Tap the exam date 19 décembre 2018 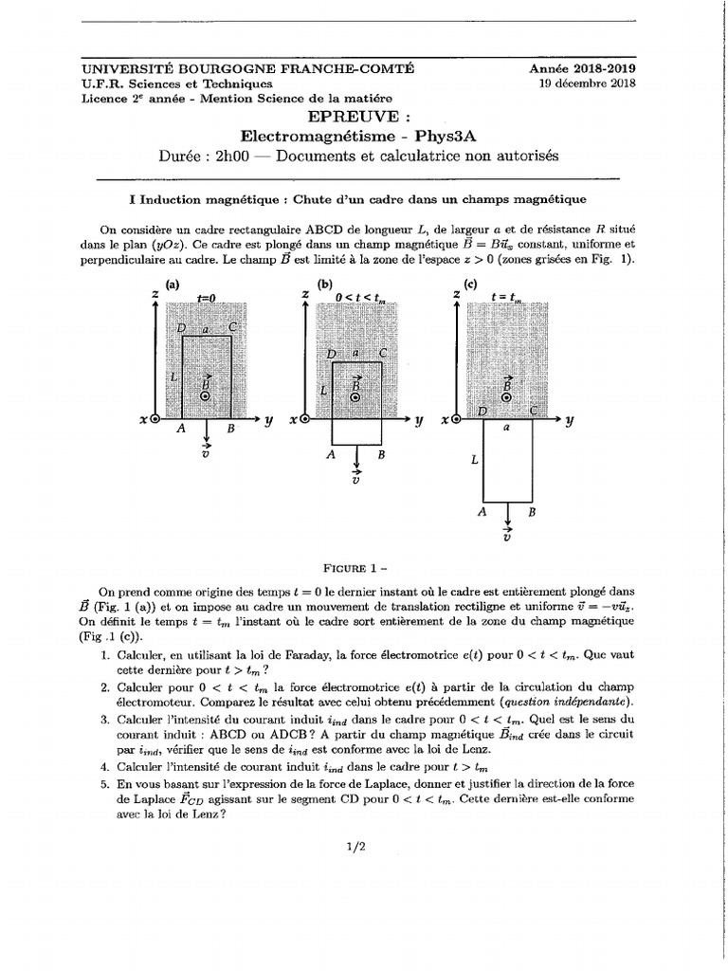(588, 83)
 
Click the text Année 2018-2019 (582, 68)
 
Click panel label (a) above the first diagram (173, 284)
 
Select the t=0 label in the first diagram (207, 298)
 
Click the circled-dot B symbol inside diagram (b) (356, 398)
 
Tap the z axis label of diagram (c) (456, 295)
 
